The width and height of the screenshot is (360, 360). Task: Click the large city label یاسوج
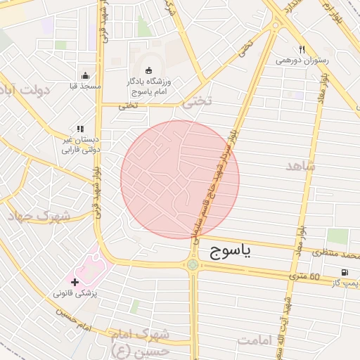pyautogui.click(x=226, y=252)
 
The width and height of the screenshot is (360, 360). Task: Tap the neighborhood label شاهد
pyautogui.click(x=302, y=167)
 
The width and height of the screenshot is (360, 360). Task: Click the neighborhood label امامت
pyautogui.click(x=254, y=340)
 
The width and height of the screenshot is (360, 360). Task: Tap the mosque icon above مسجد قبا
pyautogui.click(x=86, y=75)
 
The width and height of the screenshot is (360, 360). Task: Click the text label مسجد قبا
pyautogui.click(x=86, y=86)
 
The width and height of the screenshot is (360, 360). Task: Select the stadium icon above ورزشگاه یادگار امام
pyautogui.click(x=148, y=70)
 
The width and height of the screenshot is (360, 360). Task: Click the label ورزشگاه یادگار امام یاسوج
pyautogui.click(x=149, y=87)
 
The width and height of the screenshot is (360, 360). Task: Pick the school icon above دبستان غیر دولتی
pyautogui.click(x=80, y=129)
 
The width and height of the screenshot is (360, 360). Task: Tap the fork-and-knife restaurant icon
pyautogui.click(x=302, y=49)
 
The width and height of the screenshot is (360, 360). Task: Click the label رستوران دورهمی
pyautogui.click(x=302, y=60)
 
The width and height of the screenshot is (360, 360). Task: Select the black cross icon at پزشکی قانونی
pyautogui.click(x=75, y=281)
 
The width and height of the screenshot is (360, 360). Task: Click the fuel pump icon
pyautogui.click(x=344, y=272)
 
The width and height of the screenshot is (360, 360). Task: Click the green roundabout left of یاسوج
pyautogui.click(x=192, y=264)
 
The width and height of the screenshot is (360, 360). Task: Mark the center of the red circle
pyautogui.click(x=180, y=179)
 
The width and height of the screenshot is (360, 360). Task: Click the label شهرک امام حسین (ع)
pyautogui.click(x=141, y=340)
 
